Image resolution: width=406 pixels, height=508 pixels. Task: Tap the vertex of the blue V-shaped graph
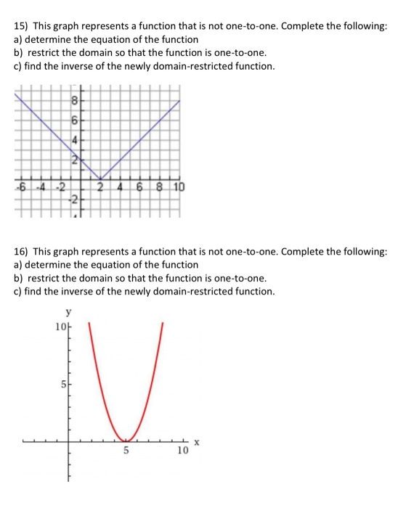(x=100, y=179)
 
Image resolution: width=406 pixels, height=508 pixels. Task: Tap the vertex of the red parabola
(x=126, y=439)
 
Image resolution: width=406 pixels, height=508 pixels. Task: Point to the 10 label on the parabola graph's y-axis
(x=60, y=327)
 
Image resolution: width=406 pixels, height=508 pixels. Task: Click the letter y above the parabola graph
(x=69, y=314)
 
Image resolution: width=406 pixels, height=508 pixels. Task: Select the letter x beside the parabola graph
(x=196, y=443)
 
